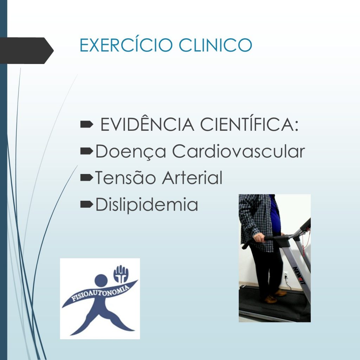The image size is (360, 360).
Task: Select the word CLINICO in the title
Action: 216,45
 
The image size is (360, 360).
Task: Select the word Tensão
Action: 125,178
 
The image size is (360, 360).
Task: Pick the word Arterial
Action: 192,178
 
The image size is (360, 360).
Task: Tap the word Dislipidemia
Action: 147,205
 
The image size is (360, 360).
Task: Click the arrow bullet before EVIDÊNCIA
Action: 87,124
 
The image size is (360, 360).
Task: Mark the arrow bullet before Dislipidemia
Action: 87,204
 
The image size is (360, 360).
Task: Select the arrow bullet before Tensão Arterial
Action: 87,178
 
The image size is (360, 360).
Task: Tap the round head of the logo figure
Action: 101,281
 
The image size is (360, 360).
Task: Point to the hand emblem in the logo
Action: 121,274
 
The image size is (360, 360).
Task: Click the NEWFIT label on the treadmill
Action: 300,276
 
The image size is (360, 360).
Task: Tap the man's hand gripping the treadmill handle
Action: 259,237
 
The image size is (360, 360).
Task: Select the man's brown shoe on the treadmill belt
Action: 270,300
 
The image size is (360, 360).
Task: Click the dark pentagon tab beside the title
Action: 26,51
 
